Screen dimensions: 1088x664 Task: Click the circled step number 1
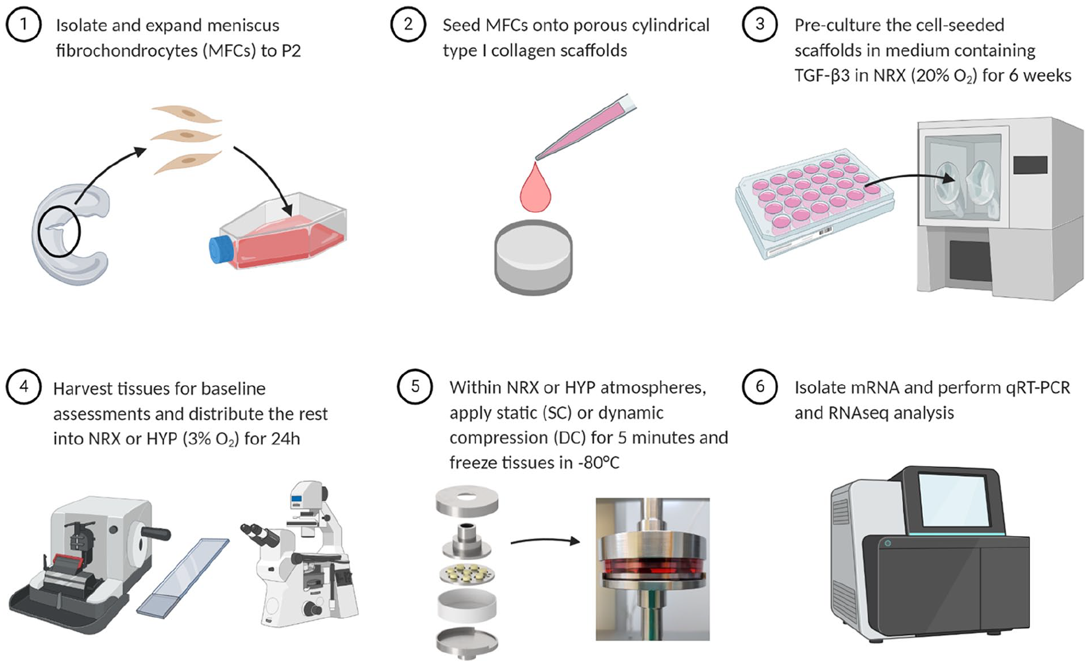[x=23, y=25]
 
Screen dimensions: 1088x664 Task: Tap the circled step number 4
[x=23, y=386]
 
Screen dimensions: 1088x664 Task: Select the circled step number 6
[x=760, y=386]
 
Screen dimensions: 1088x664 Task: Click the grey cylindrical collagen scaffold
[x=533, y=257]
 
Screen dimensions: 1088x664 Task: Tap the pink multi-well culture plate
[x=815, y=203]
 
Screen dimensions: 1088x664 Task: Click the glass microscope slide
[x=183, y=577]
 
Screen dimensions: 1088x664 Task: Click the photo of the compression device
[x=653, y=569]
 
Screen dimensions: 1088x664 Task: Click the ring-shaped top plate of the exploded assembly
[x=467, y=501]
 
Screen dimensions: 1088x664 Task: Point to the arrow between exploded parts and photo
[x=545, y=541]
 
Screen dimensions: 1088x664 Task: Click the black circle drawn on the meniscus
[x=59, y=231]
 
